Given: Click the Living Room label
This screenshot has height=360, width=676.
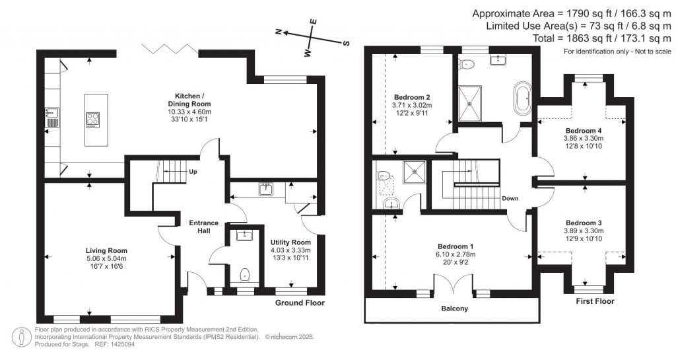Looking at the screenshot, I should [106, 250].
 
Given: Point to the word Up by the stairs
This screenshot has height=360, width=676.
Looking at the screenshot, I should [193, 172].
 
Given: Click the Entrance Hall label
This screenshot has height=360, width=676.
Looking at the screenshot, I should [203, 227].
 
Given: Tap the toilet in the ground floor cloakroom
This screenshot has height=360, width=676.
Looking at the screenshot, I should [244, 274].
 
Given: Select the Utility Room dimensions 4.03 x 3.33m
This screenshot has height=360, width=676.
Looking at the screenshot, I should [290, 250].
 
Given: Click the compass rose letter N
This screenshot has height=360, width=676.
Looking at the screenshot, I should [279, 31].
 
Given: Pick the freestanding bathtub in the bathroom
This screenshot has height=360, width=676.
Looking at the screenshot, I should [522, 98].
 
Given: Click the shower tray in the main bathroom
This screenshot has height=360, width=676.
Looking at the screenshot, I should [470, 104].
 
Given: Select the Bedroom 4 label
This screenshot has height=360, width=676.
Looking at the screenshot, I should [584, 130].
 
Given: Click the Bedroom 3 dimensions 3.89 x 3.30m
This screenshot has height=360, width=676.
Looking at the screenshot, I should [584, 231].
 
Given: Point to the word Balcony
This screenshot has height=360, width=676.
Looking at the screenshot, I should [454, 308].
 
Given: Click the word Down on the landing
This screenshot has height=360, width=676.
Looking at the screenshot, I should [510, 198].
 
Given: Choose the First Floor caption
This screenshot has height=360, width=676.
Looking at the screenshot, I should [594, 301].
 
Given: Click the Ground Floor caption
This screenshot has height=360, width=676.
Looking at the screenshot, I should [302, 303].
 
